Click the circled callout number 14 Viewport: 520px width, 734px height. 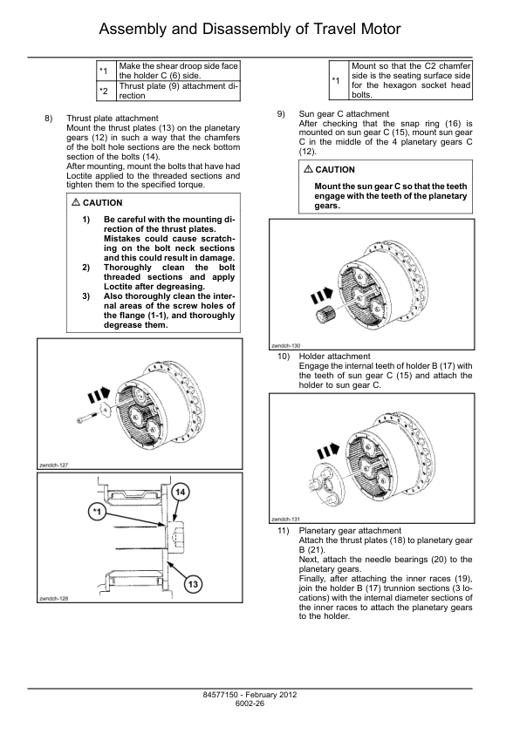click(x=180, y=492)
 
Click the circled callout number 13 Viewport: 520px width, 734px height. click(x=193, y=584)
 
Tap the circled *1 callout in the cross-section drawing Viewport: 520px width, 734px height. click(x=97, y=512)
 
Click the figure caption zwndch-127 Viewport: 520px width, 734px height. click(x=54, y=466)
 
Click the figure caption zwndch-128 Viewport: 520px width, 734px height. click(x=54, y=599)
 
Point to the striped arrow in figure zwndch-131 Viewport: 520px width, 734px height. click(x=328, y=451)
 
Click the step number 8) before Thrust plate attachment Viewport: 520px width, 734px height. click(x=49, y=119)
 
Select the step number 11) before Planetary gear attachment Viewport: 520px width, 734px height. click(x=284, y=531)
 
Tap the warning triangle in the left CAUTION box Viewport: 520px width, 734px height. click(x=76, y=202)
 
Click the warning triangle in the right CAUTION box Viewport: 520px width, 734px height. click(x=308, y=169)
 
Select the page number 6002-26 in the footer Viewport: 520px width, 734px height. click(x=250, y=703)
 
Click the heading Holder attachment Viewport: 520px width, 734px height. click(x=334, y=357)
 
